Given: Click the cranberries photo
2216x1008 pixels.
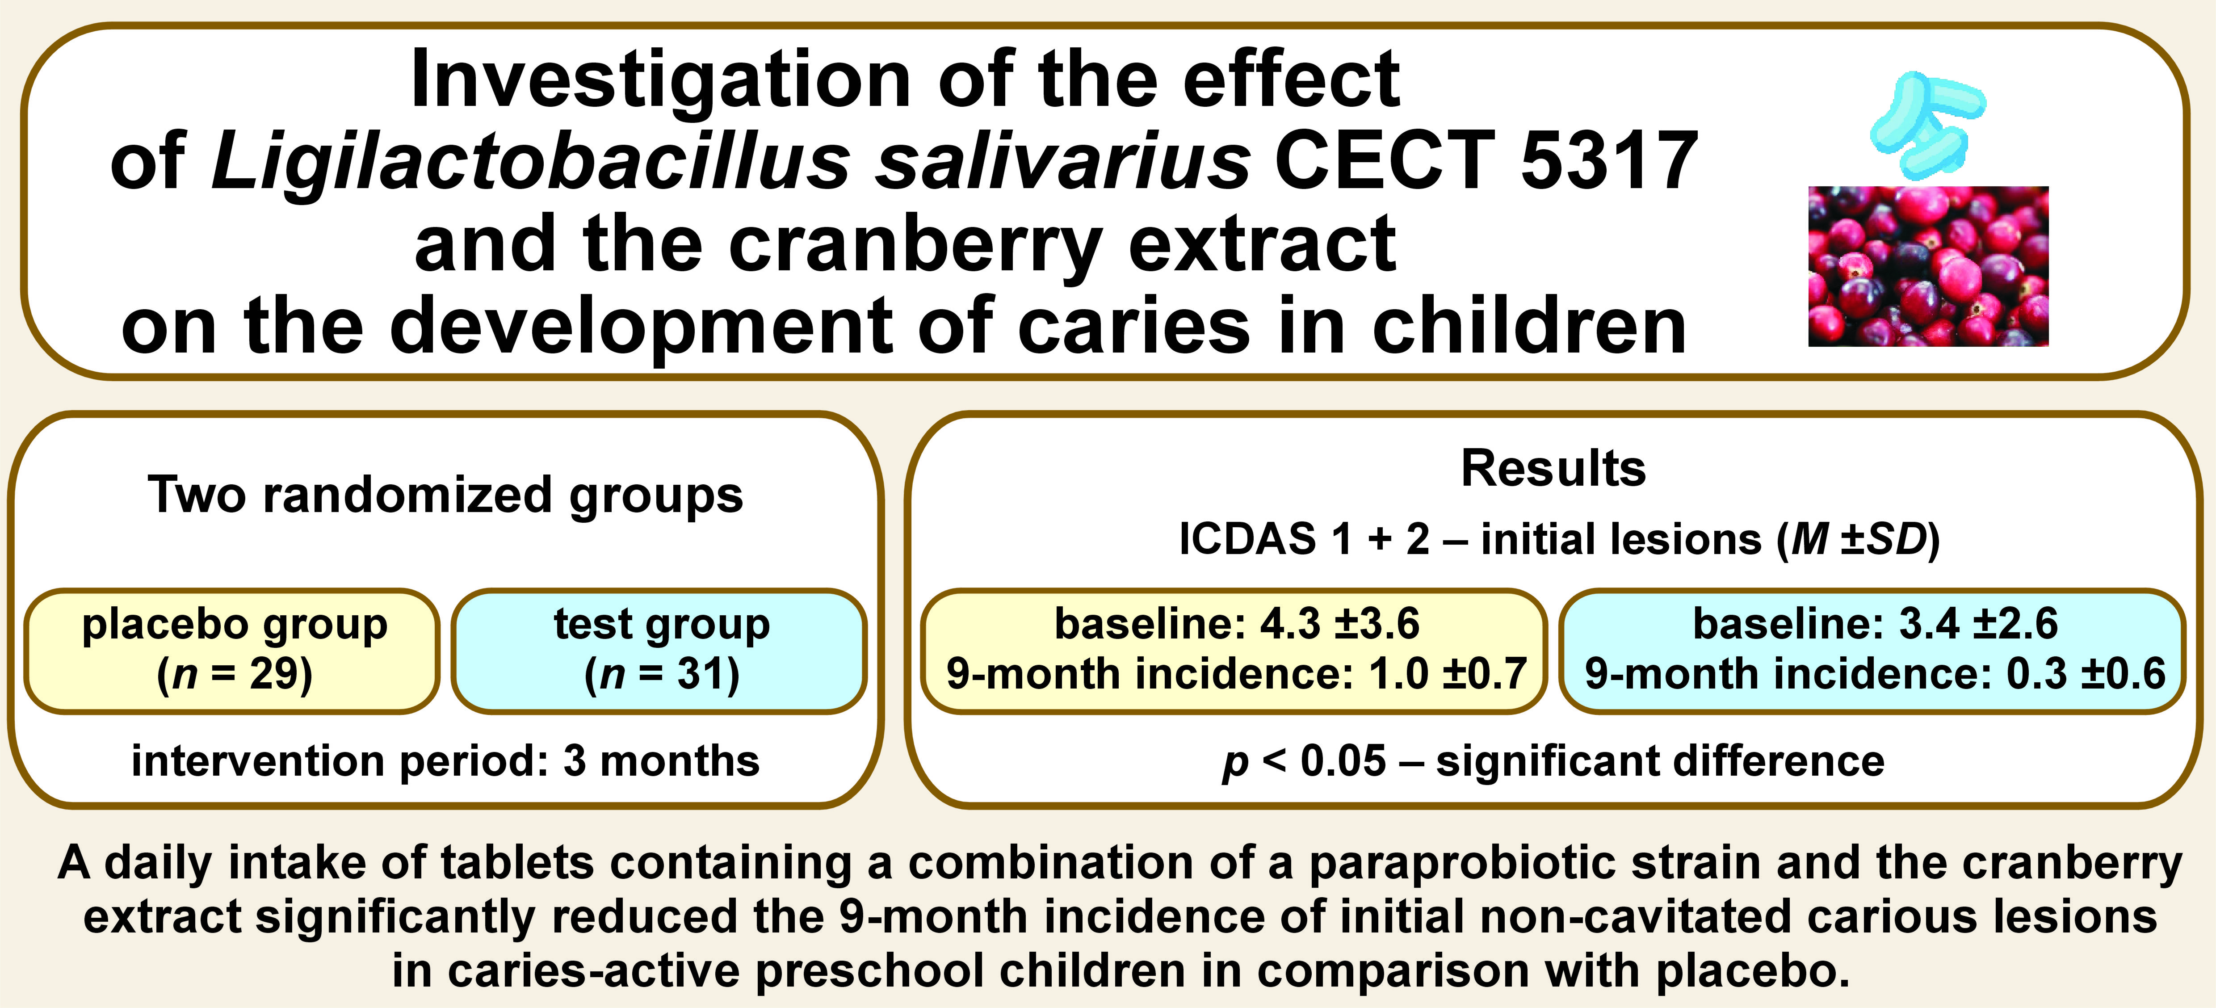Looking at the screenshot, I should (x=1928, y=267).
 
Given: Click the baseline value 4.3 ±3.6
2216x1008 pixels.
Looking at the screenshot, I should (x=1339, y=624).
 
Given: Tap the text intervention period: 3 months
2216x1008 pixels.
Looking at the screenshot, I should (x=445, y=762).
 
